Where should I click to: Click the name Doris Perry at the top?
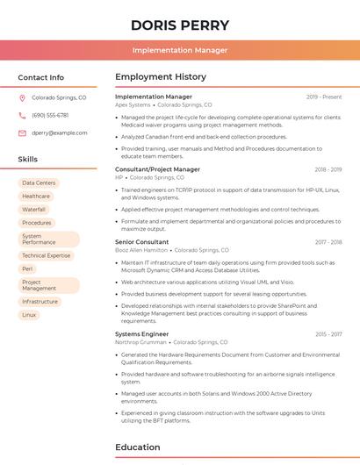click(179, 25)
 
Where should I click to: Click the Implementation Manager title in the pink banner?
click(179, 50)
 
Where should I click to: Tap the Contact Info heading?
click(40, 77)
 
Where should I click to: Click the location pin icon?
click(22, 98)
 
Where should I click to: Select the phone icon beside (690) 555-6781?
click(22, 116)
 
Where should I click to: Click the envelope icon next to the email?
click(22, 133)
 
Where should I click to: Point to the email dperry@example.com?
click(60, 133)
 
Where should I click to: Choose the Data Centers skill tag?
click(39, 183)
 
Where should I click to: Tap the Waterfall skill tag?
click(33, 210)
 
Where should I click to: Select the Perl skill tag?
click(27, 268)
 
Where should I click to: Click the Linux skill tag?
click(29, 315)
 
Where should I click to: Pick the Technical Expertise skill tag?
click(46, 255)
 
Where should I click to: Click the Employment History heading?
click(160, 77)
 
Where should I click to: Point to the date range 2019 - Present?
click(324, 97)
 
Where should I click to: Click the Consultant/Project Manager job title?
click(157, 169)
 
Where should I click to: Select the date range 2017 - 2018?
click(328, 242)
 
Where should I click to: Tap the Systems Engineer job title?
click(141, 334)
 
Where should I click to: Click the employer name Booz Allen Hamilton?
click(141, 250)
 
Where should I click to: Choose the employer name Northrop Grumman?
click(141, 342)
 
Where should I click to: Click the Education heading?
click(137, 447)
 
